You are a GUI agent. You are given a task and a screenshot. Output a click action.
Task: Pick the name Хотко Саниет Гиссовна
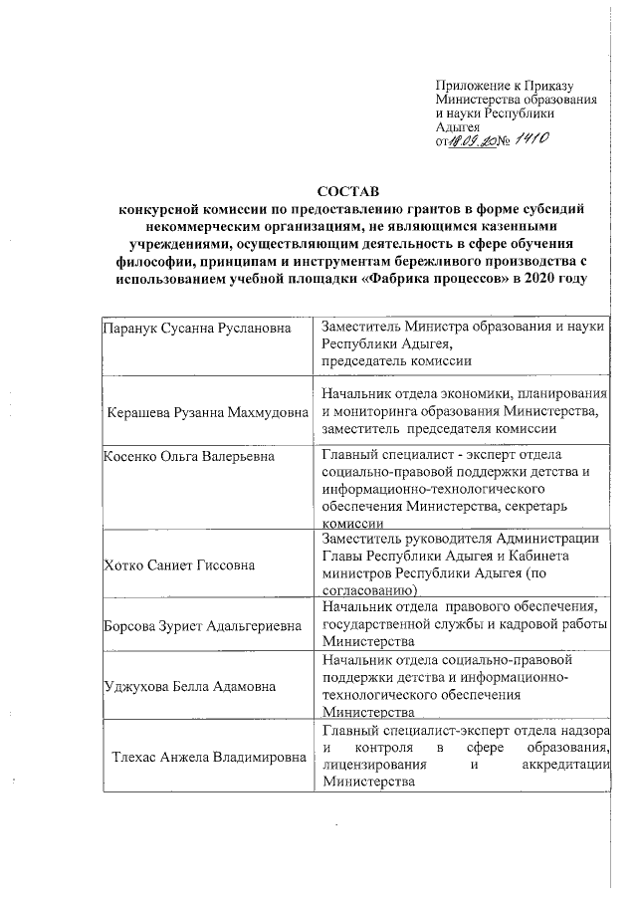click(178, 565)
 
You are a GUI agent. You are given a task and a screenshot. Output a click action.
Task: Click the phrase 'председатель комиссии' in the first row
click(389, 360)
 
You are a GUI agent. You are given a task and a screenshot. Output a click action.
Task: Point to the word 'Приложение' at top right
click(472, 87)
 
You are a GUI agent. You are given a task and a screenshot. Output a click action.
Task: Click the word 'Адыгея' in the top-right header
click(459, 127)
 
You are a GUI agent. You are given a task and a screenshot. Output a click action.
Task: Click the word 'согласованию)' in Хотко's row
click(364, 589)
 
